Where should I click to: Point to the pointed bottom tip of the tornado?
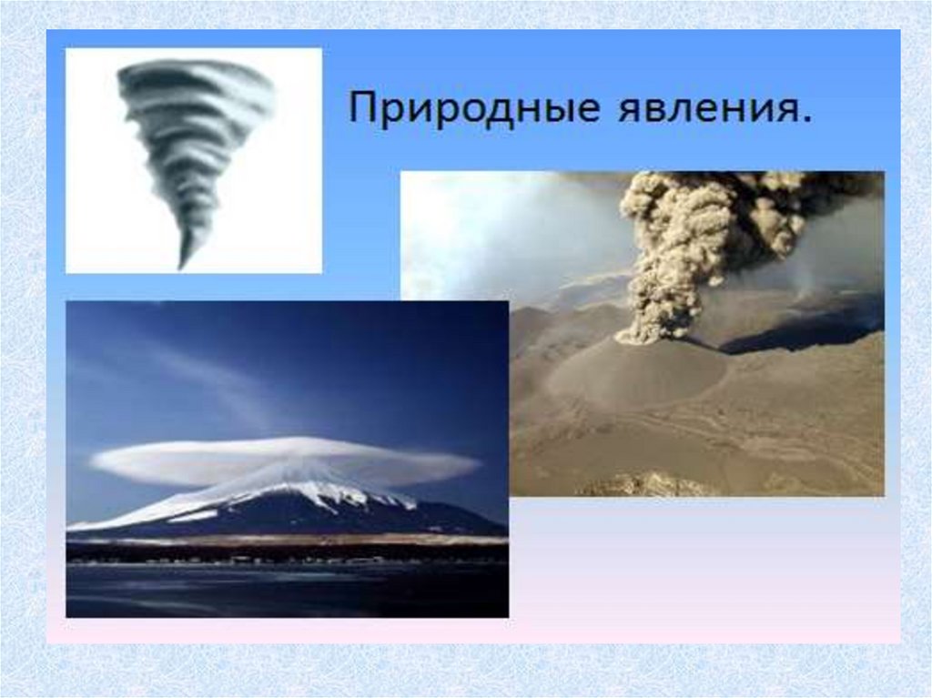click(181, 268)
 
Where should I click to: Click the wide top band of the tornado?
click(197, 77)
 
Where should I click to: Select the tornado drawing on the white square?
click(196, 164)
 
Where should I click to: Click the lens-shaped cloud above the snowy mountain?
click(284, 461)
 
